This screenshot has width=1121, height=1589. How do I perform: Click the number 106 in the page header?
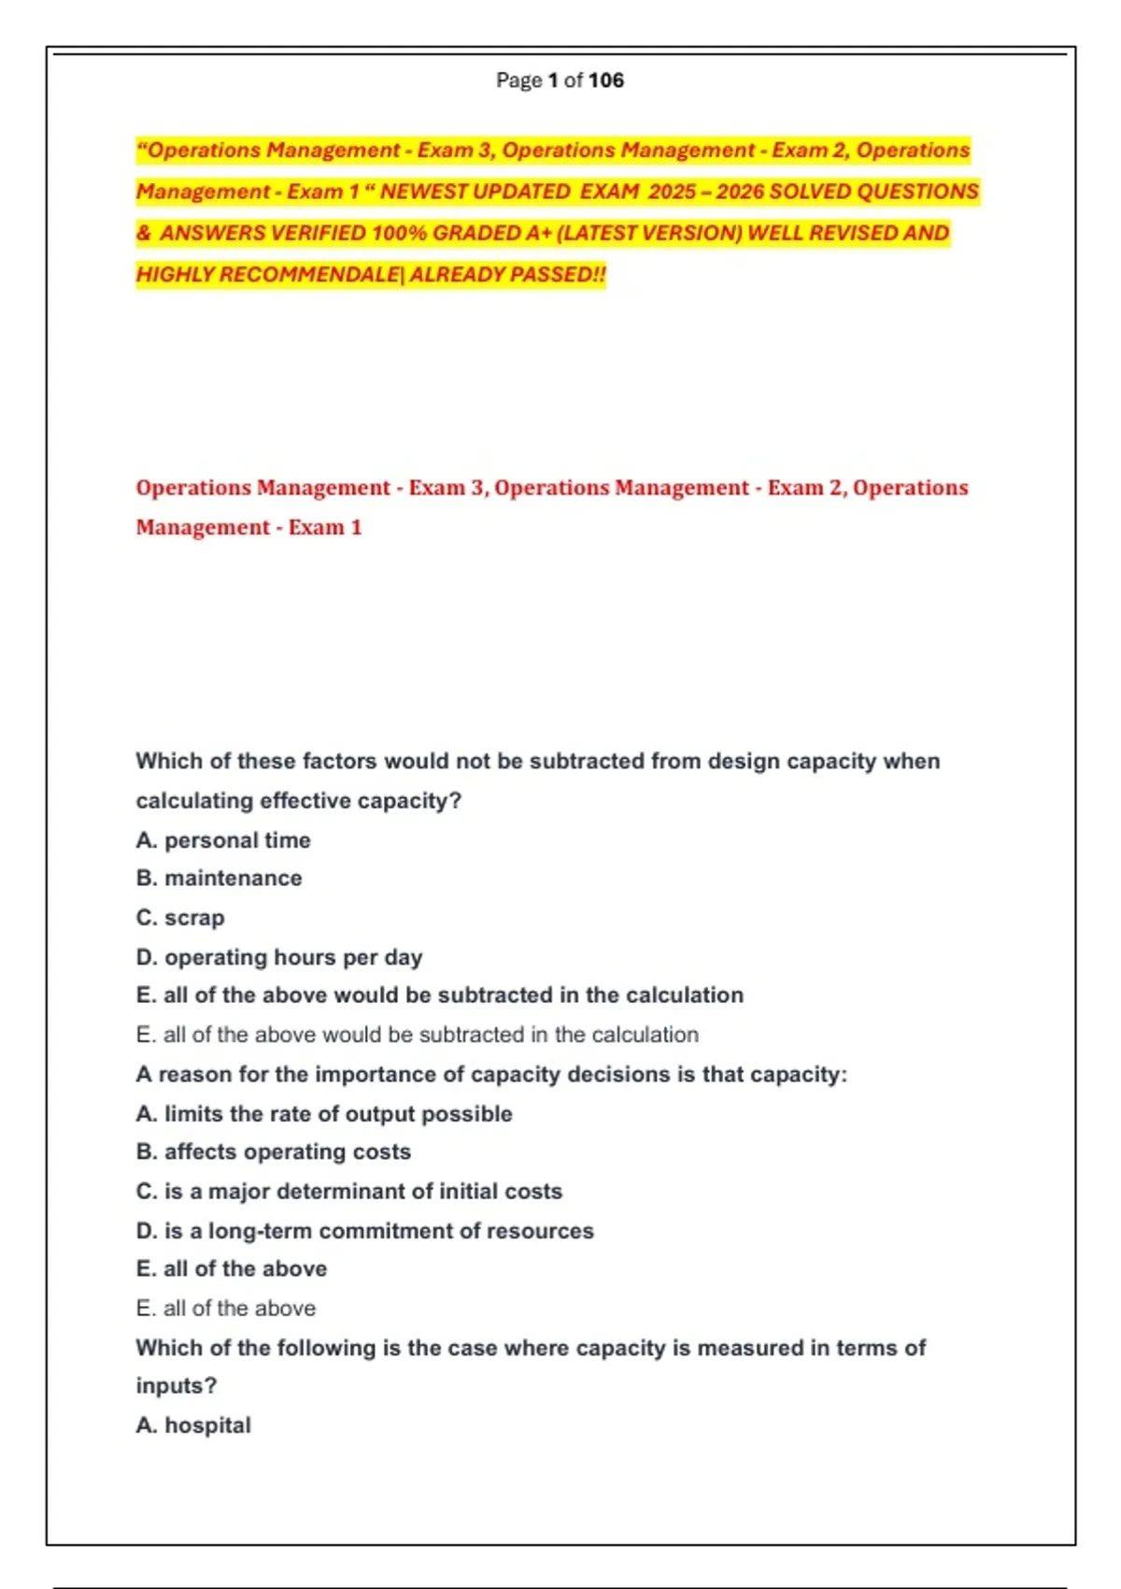point(606,80)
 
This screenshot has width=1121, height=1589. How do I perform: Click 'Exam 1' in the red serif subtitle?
point(325,528)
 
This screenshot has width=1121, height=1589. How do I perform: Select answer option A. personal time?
point(223,840)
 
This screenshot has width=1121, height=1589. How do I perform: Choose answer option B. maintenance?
point(219,879)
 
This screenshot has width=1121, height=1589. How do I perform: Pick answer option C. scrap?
point(180,918)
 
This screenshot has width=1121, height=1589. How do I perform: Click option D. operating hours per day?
point(279,957)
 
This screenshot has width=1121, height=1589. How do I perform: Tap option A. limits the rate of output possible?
point(324,1114)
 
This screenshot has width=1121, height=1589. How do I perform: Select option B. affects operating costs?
point(274,1152)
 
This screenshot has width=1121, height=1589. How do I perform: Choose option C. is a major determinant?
point(349,1192)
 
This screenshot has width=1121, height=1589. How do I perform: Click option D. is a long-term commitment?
point(365,1231)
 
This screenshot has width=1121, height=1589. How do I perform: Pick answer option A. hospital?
point(193,1425)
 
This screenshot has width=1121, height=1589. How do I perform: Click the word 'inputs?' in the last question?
point(177,1386)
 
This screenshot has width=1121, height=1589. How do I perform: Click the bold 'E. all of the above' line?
point(232,1269)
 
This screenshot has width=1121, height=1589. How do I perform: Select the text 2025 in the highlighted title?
point(672,192)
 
